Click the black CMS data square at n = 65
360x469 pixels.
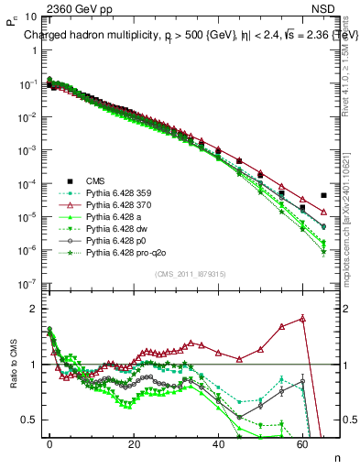tap(323, 195)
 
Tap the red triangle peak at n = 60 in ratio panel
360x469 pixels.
tap(302, 319)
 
